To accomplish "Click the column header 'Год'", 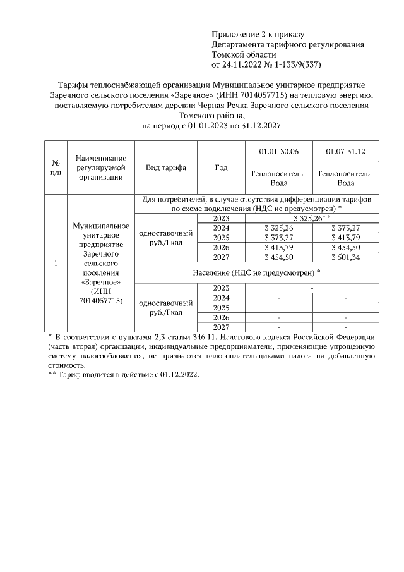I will [221, 167].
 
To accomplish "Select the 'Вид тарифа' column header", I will [166, 167].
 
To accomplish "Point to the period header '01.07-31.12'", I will [345, 152].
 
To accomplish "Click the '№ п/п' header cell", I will [56, 167].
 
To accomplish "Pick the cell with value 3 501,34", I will [345, 257].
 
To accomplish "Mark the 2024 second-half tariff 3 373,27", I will [345, 228].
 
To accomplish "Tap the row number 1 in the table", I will [56, 263].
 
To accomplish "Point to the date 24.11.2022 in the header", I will [242, 64].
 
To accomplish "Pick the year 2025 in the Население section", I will [221, 308].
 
